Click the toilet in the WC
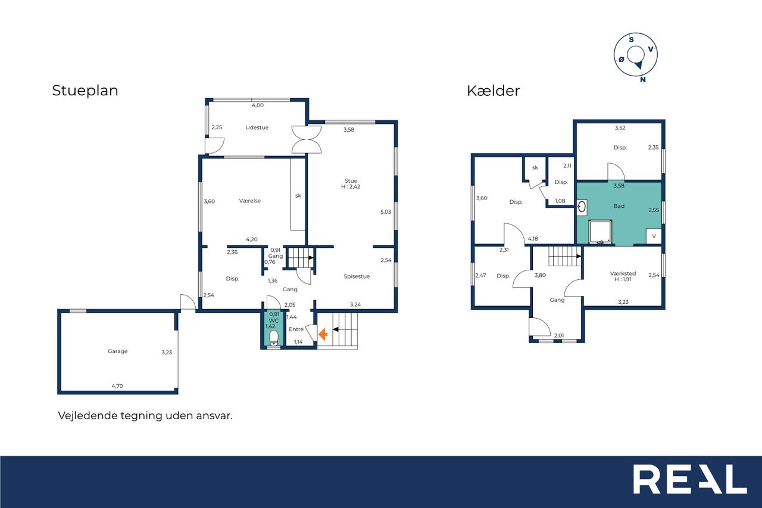pos(273,338)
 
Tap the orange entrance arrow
pos(323,334)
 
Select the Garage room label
pos(118,351)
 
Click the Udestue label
pos(257,127)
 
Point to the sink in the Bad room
pos(582,207)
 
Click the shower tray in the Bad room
pos(601,232)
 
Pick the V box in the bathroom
pos(654,236)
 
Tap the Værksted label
pos(623,273)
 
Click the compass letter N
pos(642,80)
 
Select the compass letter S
pos(631,40)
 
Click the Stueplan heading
pos(85,91)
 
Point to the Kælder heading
pos(494,91)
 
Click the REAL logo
pos(690,479)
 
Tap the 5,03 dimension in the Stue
pos(386,211)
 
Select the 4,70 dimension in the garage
pos(117,386)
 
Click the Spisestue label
pos(357,276)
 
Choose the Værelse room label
pos(249,201)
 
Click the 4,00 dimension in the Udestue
pos(258,105)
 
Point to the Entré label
pos(296,329)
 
